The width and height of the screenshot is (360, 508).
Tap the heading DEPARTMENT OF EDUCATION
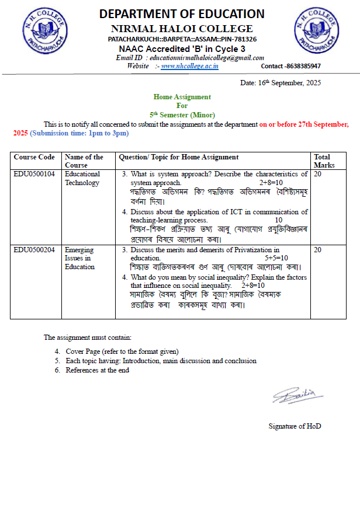click(181, 14)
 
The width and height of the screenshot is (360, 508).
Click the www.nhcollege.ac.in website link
click(190, 66)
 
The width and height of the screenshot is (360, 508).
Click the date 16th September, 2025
click(281, 83)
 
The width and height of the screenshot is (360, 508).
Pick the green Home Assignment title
click(182, 97)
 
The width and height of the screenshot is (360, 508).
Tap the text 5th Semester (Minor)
click(182, 115)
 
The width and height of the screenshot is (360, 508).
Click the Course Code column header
click(34, 157)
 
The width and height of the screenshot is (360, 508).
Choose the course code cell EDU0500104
click(34, 174)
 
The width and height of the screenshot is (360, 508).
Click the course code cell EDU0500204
click(34, 250)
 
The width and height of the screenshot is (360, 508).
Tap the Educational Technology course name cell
click(82, 178)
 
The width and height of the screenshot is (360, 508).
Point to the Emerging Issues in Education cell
click(79, 258)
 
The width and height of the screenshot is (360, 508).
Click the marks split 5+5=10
click(276, 258)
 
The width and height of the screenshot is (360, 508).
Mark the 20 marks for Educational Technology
click(318, 174)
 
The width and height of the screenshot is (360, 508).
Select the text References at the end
click(97, 370)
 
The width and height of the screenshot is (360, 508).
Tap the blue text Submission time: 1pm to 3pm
click(79, 133)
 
